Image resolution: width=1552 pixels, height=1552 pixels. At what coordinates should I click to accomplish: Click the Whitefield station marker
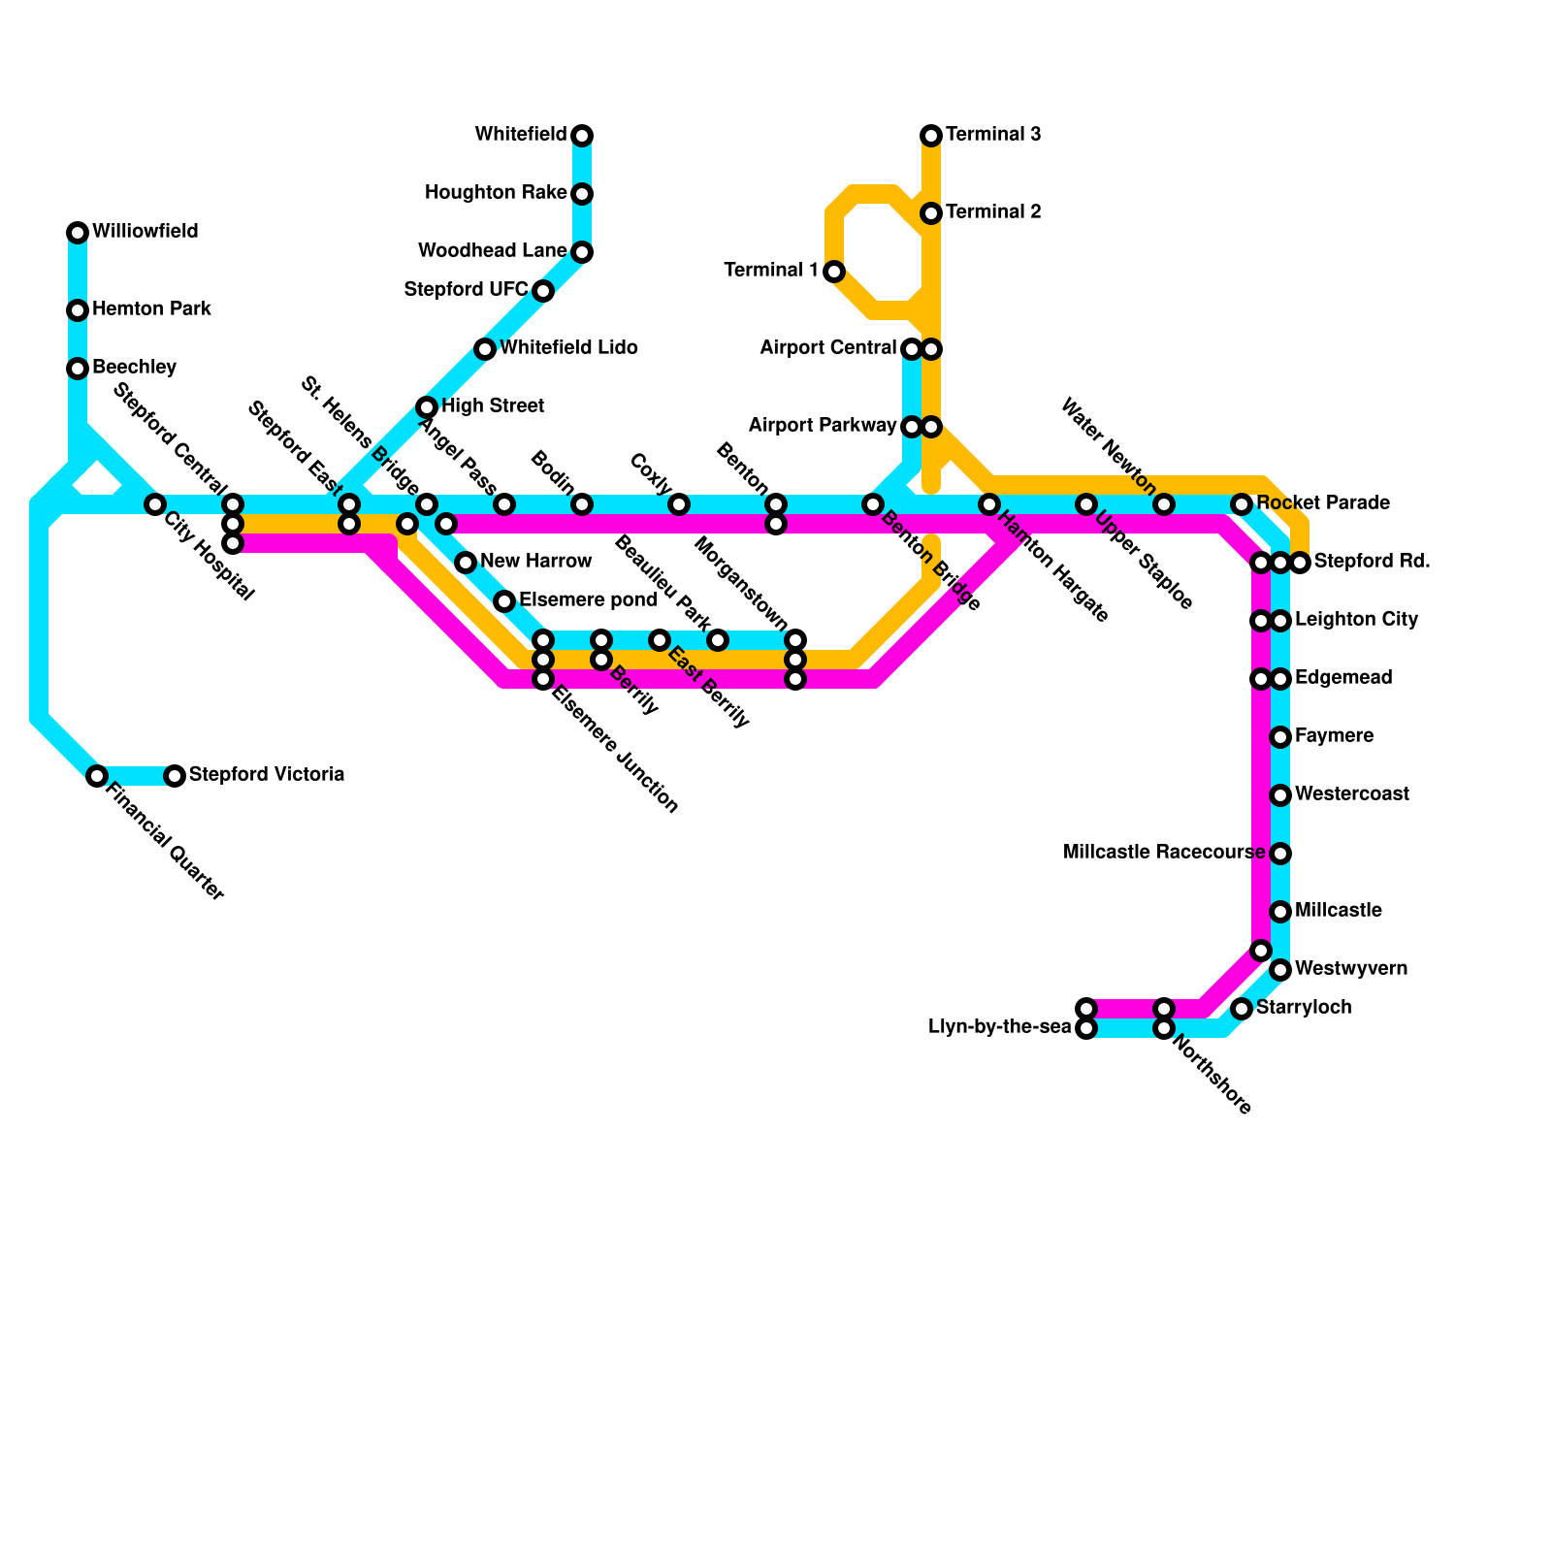pyautogui.click(x=582, y=135)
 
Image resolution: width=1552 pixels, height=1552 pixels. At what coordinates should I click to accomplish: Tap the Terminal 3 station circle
pyautogui.click(x=931, y=135)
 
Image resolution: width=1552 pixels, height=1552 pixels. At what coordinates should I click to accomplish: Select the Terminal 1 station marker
pyautogui.click(x=834, y=272)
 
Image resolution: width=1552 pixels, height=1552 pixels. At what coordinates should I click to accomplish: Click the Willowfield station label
pyautogui.click(x=145, y=232)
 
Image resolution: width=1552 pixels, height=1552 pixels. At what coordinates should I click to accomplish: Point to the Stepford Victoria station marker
pyautogui.click(x=175, y=776)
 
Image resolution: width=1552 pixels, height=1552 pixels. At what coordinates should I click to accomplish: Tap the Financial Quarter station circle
pyautogui.click(x=97, y=776)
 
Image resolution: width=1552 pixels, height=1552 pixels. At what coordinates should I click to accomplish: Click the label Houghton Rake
pyautogui.click(x=495, y=193)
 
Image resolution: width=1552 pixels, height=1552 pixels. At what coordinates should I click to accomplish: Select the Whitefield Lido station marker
pyautogui.click(x=485, y=349)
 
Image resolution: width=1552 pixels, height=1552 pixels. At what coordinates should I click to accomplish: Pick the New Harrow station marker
pyautogui.click(x=466, y=563)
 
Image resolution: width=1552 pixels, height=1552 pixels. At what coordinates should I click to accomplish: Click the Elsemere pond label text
pyautogui.click(x=588, y=600)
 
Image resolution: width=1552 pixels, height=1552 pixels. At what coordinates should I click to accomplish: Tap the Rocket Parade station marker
pyautogui.click(x=1242, y=504)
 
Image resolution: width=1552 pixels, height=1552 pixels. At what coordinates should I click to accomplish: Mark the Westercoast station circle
pyautogui.click(x=1280, y=795)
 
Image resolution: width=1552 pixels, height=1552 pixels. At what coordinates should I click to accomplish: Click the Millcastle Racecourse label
pyautogui.click(x=1163, y=853)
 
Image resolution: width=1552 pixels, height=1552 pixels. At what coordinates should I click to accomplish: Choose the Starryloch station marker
pyautogui.click(x=1242, y=1009)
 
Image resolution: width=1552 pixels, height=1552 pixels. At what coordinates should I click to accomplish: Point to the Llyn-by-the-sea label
pyautogui.click(x=999, y=1027)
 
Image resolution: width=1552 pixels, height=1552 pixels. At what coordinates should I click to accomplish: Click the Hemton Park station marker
pyautogui.click(x=78, y=310)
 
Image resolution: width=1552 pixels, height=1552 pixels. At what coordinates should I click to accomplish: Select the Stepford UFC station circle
pyautogui.click(x=543, y=291)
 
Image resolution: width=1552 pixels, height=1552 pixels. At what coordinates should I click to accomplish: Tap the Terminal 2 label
pyautogui.click(x=993, y=212)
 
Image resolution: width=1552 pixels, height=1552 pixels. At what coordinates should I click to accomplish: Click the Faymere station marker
pyautogui.click(x=1280, y=737)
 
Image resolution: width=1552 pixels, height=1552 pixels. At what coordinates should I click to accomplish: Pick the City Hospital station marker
pyautogui.click(x=155, y=504)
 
